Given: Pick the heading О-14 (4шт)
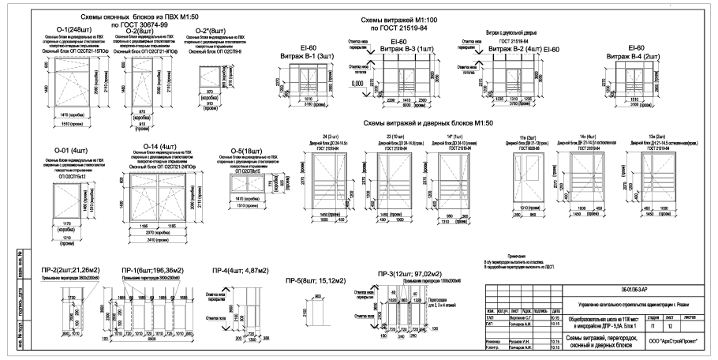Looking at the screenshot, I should point(158,147).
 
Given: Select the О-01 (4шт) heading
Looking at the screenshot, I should point(69,150).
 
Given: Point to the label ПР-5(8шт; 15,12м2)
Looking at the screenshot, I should point(313,279).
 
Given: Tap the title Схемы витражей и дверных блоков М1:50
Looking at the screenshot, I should point(429,123).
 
